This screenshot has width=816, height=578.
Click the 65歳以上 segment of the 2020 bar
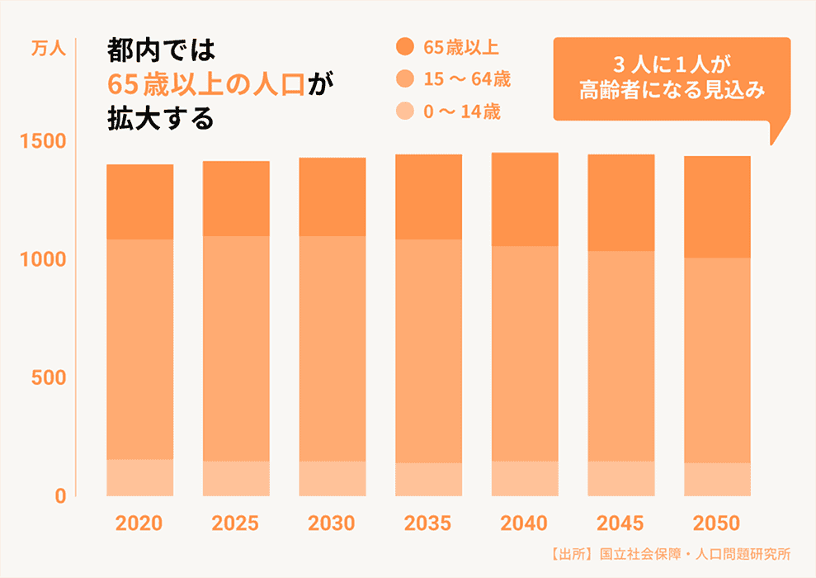[x=140, y=202]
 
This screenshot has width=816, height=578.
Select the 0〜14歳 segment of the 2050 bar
[x=717, y=479]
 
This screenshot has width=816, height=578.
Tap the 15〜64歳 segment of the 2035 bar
[x=428, y=351]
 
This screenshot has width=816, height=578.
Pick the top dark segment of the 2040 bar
[x=525, y=199]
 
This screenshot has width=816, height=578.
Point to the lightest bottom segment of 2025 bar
[x=236, y=478]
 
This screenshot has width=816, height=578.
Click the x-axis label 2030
[x=332, y=524]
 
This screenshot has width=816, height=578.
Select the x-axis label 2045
[x=620, y=524]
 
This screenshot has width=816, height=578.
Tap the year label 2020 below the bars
[x=139, y=524]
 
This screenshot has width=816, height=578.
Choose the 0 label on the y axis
[x=60, y=496]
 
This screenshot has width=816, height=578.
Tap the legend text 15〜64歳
[x=466, y=80]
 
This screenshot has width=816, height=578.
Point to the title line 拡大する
[x=160, y=119]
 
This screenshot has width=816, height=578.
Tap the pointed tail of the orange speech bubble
[x=773, y=135]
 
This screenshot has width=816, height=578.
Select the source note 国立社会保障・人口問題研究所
[x=696, y=554]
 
